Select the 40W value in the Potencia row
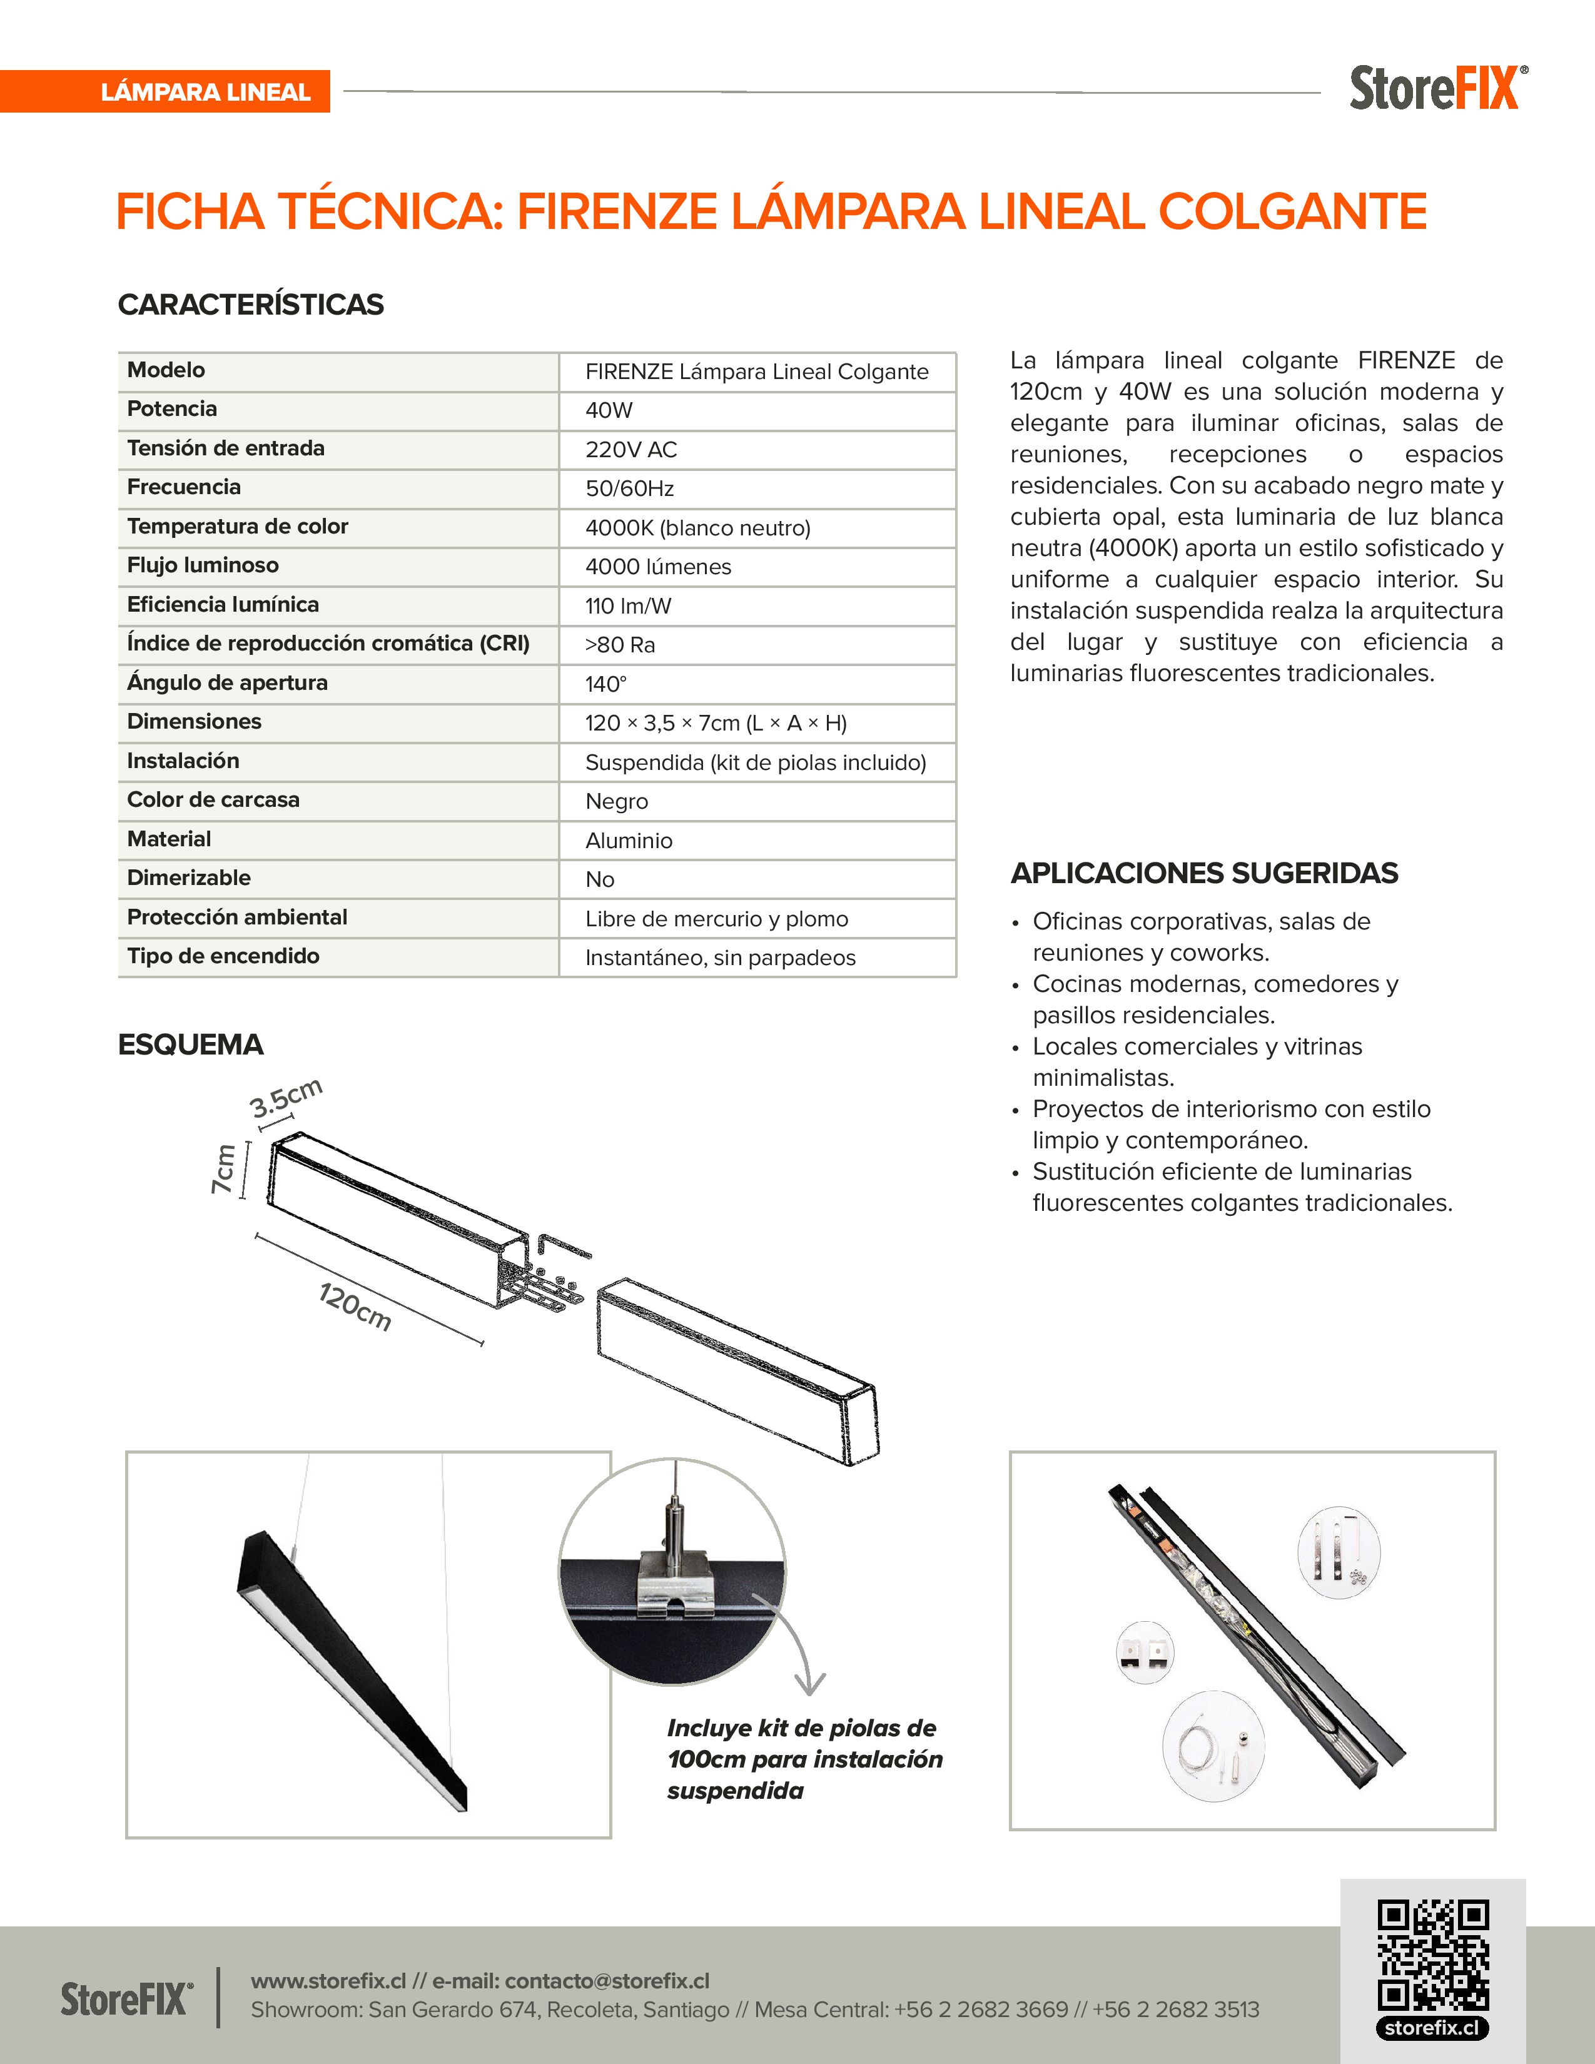(609, 410)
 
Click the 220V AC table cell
(630, 450)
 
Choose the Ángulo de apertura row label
(227, 682)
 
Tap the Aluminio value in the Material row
(629, 840)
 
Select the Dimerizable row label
(189, 878)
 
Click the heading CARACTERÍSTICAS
(250, 305)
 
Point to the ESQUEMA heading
(190, 1045)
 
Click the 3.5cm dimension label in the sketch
(285, 1098)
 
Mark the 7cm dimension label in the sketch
(223, 1169)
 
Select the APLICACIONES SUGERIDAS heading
(1204, 873)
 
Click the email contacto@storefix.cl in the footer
(607, 1981)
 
